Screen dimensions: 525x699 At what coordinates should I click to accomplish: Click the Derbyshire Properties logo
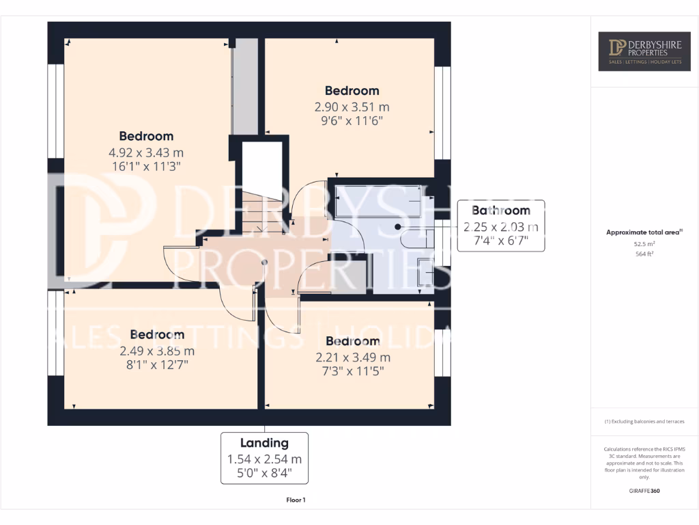[x=644, y=51]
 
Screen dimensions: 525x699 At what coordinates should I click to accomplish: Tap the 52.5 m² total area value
[x=644, y=243]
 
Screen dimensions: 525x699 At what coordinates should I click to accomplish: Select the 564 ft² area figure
[x=644, y=254]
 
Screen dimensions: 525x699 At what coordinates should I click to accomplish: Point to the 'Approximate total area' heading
[x=644, y=232]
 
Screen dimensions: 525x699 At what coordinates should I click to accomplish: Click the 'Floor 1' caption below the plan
[x=296, y=500]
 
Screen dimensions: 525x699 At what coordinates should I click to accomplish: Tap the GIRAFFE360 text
[x=644, y=491]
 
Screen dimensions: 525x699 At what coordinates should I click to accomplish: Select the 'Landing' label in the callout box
[x=264, y=443]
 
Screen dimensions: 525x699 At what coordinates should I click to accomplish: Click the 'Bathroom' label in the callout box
[x=501, y=211]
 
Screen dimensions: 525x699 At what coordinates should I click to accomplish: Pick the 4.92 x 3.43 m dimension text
[x=146, y=152]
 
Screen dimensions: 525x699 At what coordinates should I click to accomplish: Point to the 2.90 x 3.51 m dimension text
[x=352, y=107]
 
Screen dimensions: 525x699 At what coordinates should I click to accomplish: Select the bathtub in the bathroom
[x=377, y=201]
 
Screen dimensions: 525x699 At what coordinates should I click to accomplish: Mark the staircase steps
[x=262, y=211]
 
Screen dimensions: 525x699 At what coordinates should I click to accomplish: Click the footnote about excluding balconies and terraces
[x=644, y=422]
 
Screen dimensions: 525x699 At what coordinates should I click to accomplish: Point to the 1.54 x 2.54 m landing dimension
[x=264, y=459]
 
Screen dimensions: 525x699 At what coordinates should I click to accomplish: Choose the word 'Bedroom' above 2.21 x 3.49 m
[x=352, y=341]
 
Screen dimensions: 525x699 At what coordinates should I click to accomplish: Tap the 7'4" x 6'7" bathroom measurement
[x=501, y=241]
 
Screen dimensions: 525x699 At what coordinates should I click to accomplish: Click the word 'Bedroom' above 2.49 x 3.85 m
[x=157, y=335]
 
